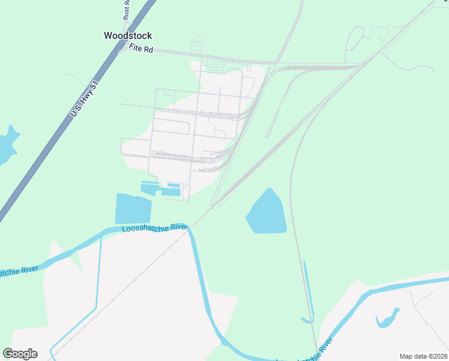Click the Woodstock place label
tap(128, 35)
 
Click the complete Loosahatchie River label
tap(155, 228)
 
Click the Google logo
tap(20, 353)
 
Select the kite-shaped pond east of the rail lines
tap(267, 214)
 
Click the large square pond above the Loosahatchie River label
tap(133, 209)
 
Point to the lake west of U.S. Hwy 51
tap(7, 146)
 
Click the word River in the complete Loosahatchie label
tap(178, 227)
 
